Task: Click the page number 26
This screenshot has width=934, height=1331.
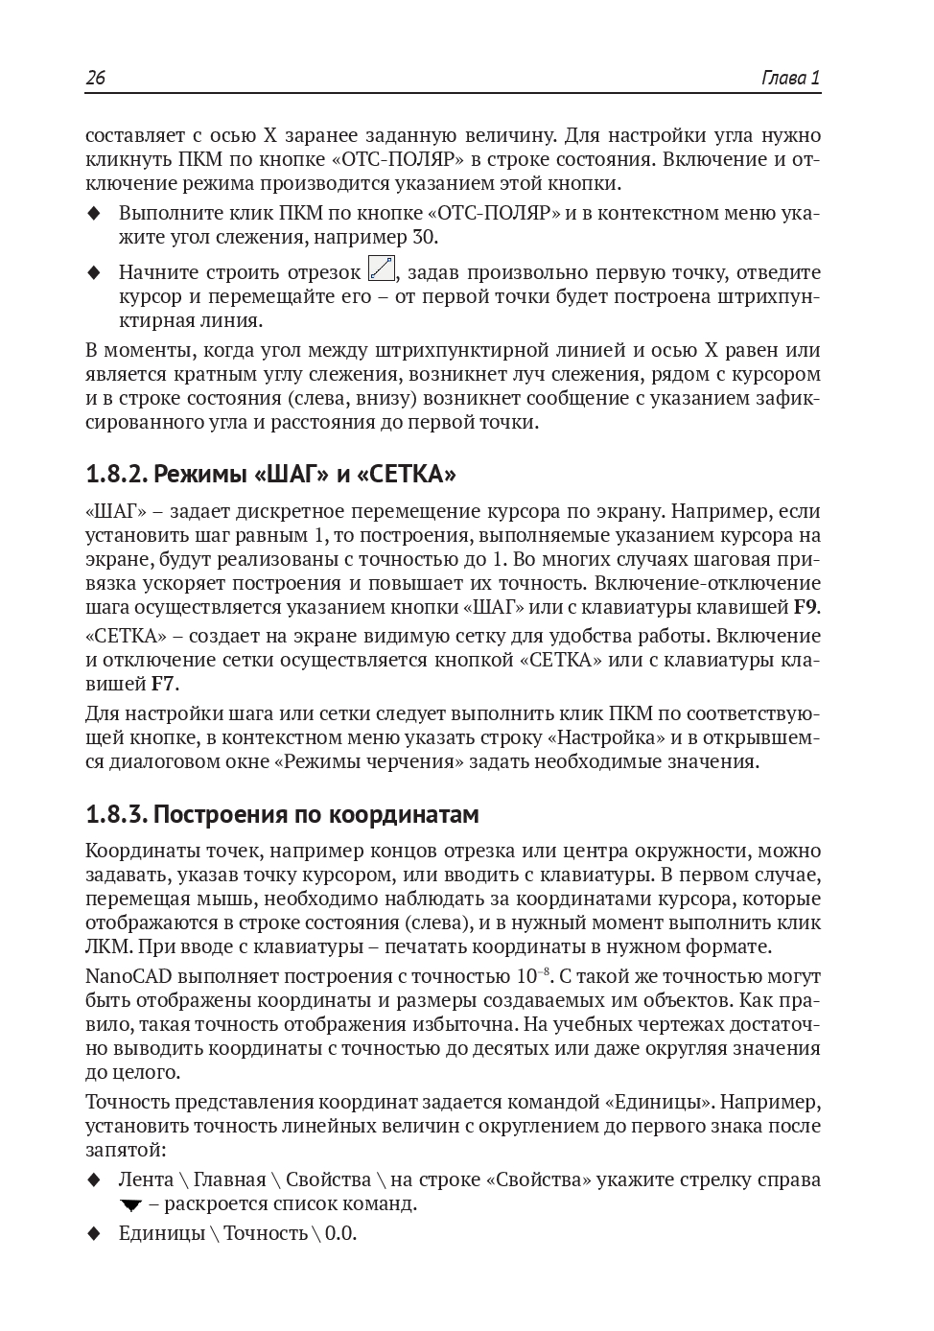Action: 96,79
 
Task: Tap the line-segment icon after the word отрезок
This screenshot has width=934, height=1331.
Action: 381,269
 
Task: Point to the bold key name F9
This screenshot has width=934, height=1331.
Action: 806,607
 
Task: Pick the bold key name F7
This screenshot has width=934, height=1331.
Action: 164,684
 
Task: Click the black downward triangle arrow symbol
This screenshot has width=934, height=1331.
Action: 131,1205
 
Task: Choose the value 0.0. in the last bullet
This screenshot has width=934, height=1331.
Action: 340,1233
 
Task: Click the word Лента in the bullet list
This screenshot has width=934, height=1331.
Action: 146,1179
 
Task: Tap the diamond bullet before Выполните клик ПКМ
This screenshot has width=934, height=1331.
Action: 94,214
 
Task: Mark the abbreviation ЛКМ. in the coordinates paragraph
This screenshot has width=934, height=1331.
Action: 107,946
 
